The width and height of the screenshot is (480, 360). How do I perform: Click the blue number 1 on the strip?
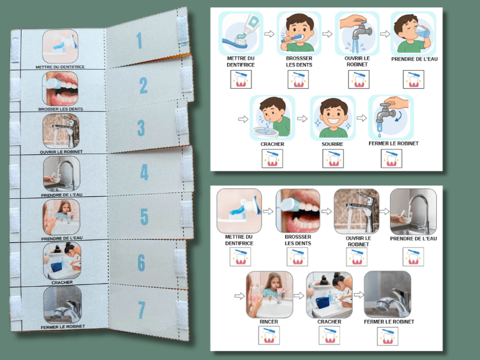139,41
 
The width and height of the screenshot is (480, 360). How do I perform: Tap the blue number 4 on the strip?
144,172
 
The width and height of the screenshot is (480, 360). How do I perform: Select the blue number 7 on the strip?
142,310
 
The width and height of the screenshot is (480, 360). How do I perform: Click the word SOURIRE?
332,144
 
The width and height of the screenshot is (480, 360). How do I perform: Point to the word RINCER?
269,322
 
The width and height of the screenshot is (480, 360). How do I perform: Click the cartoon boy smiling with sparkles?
333,118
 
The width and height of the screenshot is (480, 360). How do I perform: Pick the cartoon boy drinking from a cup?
413,34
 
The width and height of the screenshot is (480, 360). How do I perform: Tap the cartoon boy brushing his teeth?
298,33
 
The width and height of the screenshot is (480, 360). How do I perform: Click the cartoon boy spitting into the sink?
272,117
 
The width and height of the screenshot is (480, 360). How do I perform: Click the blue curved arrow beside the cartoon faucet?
398,116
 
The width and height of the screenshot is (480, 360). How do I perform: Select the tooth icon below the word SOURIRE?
333,158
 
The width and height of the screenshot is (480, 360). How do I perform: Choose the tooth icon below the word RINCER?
269,335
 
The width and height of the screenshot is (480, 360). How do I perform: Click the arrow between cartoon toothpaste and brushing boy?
269,34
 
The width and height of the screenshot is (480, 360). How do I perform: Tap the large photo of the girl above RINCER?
269,295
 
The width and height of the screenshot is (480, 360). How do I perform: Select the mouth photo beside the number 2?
61,89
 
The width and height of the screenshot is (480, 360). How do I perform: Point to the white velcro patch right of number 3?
182,122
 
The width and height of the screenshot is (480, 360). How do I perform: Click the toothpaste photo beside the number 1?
61,46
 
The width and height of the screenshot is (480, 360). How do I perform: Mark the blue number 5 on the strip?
144,217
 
